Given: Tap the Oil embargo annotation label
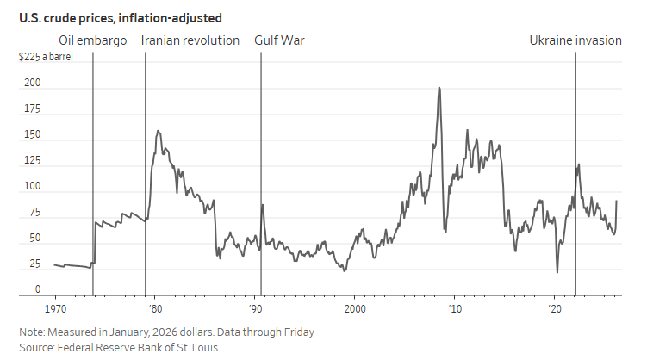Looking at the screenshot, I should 93,40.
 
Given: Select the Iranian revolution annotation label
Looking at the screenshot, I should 190,40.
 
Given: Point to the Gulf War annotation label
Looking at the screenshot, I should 279,40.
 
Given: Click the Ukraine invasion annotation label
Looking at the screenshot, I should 575,40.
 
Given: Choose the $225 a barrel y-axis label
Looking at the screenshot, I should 52,58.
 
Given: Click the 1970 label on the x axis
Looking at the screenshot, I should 55,307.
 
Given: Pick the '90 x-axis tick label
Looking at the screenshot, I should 255,307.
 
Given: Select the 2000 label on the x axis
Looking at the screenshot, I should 354,307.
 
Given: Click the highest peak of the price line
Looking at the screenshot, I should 439,88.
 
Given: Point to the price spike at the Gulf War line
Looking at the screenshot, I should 262,205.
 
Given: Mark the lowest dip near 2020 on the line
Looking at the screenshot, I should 557,272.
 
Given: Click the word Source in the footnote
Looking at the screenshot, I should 37,348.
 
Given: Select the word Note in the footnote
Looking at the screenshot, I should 33,332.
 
